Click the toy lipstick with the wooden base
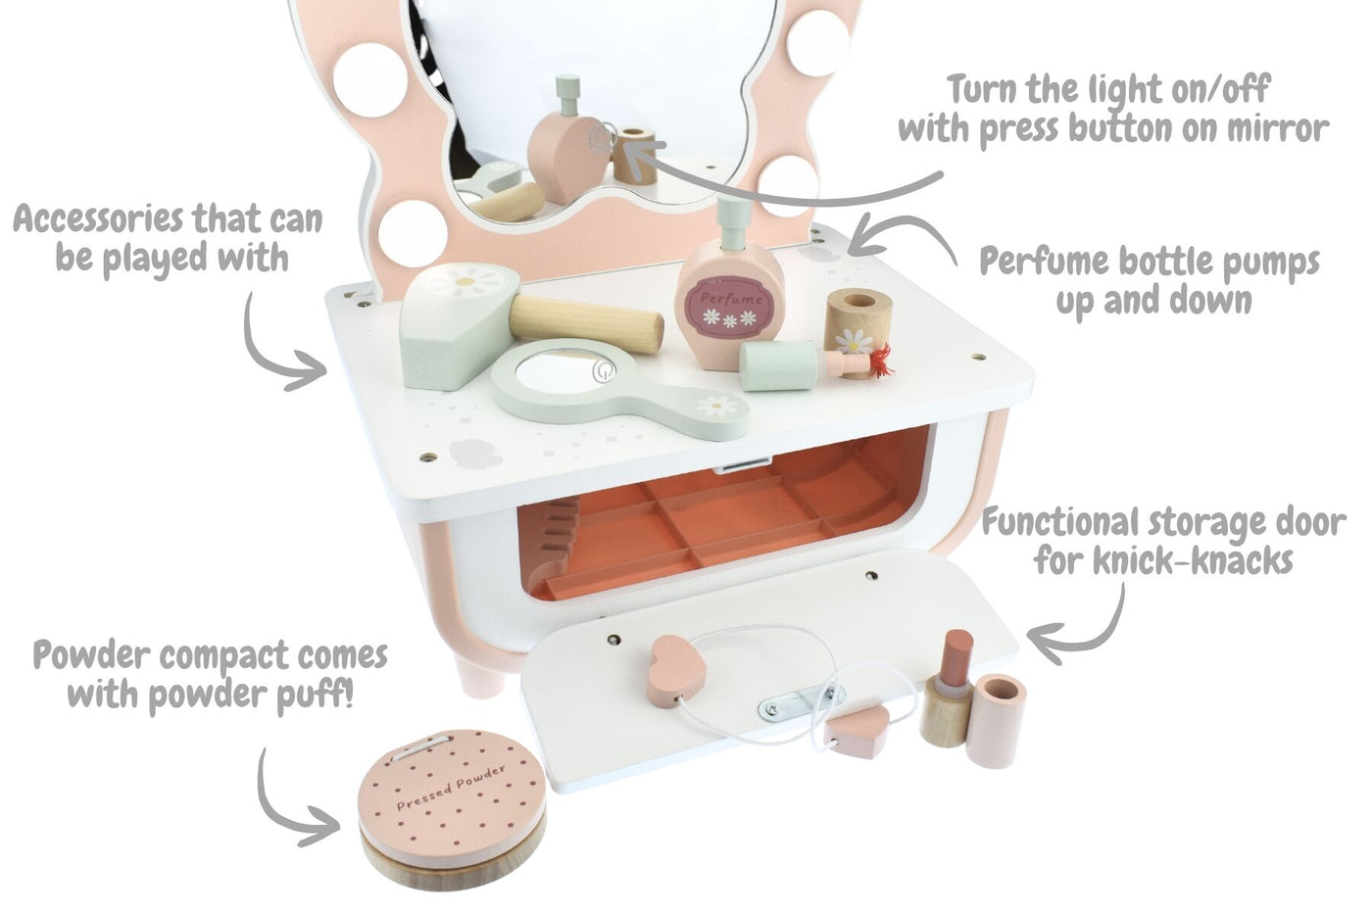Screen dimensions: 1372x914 pyautogui.click(x=949, y=689)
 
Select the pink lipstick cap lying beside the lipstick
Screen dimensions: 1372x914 pyautogui.click(x=997, y=722)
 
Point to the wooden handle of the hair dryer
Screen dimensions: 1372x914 pyautogui.click(x=586, y=323)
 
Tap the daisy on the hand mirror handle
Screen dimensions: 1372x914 pyautogui.click(x=715, y=405)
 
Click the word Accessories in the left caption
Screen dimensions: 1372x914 pyautogui.click(x=98, y=219)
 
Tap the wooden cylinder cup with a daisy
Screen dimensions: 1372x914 pyautogui.click(x=857, y=325)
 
